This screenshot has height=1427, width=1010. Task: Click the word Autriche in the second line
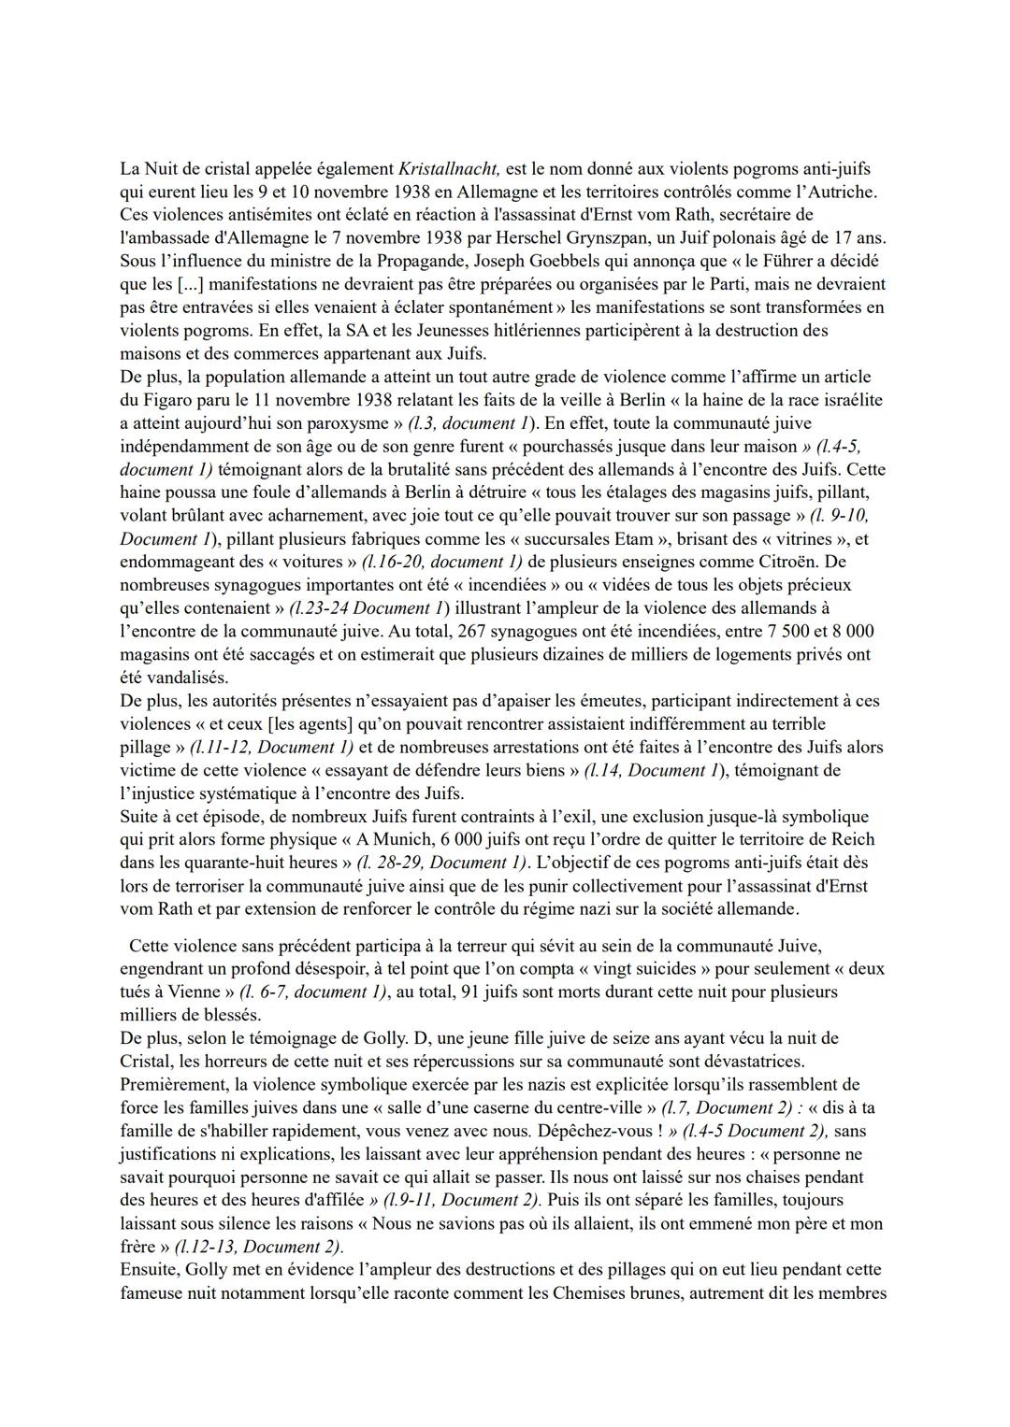coord(846,193)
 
